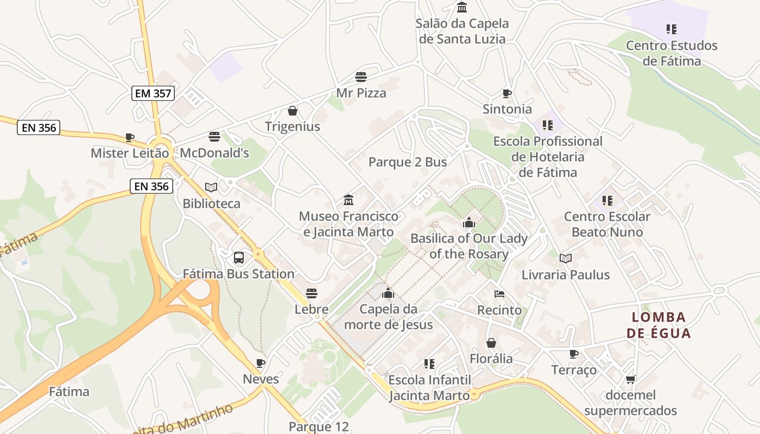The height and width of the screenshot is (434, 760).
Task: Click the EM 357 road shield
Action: (153, 93)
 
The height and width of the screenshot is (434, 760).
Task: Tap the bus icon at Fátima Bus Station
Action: (238, 258)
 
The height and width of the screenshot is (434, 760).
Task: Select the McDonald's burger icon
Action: (214, 137)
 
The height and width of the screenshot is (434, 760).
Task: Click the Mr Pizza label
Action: (361, 93)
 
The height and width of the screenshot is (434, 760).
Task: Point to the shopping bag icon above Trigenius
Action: (293, 111)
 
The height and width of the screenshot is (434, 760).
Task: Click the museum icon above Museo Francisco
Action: (348, 200)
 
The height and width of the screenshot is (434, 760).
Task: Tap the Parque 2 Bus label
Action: (408, 162)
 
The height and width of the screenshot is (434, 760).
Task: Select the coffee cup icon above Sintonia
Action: (507, 93)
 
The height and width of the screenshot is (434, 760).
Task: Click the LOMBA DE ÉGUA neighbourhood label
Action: (659, 325)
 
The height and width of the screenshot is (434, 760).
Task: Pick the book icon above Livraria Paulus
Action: (566, 259)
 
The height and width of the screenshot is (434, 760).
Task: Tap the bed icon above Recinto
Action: (499, 294)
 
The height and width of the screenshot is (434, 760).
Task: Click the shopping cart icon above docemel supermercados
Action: (630, 379)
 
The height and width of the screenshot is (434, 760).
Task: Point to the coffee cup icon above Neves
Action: (261, 363)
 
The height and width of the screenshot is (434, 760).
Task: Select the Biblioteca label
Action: (212, 203)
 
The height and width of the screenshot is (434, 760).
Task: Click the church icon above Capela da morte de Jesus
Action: (388, 293)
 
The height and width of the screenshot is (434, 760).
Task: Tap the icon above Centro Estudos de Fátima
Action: (672, 29)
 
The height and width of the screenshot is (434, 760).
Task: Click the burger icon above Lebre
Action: (311, 293)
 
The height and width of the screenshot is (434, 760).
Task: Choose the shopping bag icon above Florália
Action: (491, 343)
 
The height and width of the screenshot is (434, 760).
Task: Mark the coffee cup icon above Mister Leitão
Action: (129, 137)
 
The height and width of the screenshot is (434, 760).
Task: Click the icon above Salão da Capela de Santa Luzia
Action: (462, 8)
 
